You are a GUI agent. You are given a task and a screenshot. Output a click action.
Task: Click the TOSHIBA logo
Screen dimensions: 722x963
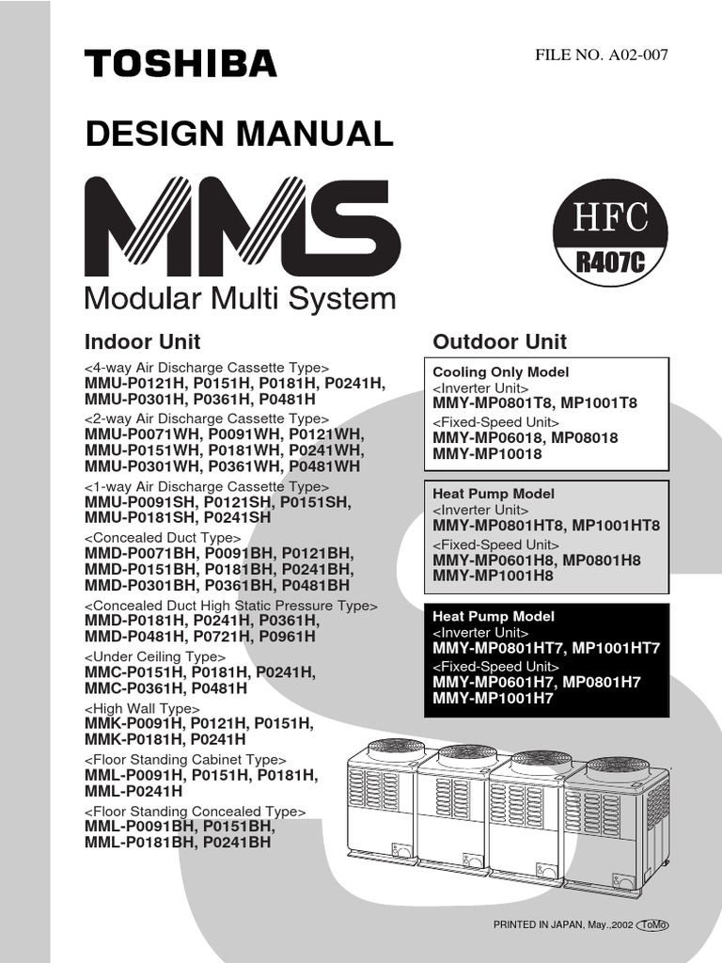(180, 64)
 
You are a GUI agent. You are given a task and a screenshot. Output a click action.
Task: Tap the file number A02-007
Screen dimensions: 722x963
(602, 54)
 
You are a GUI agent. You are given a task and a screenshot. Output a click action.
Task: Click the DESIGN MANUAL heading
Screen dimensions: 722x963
(239, 134)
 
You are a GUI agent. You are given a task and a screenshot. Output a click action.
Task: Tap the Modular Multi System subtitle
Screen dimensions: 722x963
(240, 299)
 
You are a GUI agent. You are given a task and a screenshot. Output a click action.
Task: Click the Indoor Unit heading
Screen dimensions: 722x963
(143, 341)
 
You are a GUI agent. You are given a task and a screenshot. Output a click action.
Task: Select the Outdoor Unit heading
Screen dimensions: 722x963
(499, 341)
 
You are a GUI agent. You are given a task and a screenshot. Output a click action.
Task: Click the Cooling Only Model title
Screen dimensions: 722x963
(500, 372)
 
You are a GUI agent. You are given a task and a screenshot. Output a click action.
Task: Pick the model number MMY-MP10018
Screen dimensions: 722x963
(488, 454)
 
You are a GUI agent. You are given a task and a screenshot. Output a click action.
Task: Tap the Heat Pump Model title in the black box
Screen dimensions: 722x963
(494, 617)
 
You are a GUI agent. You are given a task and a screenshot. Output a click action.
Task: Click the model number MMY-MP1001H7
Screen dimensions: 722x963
(494, 698)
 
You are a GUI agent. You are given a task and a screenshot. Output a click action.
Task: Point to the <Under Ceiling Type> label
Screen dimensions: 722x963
(155, 656)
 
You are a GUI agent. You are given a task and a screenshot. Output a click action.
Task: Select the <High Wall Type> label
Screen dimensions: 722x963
(142, 708)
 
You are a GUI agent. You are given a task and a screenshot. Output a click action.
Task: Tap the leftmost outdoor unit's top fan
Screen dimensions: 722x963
(396, 746)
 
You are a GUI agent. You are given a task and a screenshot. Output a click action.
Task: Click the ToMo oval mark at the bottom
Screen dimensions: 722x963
(653, 925)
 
